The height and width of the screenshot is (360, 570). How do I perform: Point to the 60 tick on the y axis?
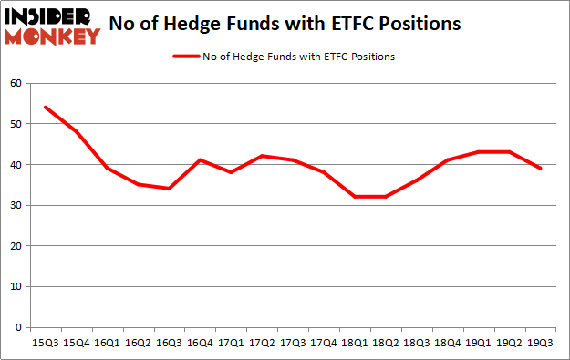16,84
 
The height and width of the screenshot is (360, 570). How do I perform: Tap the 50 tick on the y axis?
16,124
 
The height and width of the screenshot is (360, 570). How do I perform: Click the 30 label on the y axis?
16,205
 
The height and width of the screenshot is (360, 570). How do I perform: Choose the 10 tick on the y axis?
16,286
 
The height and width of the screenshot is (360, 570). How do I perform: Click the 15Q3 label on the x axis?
45,343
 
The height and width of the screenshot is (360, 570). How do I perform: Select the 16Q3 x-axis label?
169,343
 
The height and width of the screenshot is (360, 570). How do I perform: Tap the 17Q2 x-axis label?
263,343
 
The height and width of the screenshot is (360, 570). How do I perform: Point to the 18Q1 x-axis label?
356,343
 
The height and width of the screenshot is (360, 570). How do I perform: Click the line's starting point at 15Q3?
45,108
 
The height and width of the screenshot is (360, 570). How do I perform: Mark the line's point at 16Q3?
169,189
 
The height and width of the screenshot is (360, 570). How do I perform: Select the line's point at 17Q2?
263,156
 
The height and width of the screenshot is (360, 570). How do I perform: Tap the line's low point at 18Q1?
356,197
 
